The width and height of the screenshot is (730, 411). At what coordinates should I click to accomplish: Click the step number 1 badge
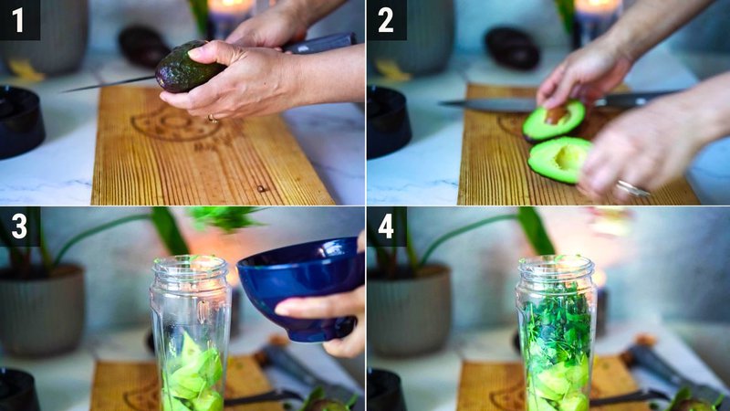19,19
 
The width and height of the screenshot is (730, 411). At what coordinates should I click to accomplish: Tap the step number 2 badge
386,19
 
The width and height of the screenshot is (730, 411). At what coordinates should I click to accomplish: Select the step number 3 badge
19,226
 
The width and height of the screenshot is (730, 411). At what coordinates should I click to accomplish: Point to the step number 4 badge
386,226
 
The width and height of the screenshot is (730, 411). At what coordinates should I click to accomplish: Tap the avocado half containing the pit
554,120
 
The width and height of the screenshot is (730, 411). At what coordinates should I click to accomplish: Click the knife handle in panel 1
319,43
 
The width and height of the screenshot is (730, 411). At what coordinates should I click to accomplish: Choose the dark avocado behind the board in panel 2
512,47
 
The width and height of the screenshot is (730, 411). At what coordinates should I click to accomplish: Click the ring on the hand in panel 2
632,188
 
